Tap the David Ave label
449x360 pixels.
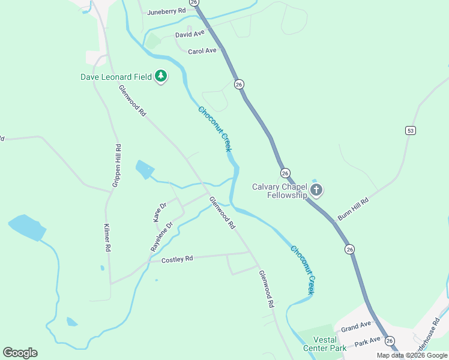[190, 35]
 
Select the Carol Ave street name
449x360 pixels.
[202, 51]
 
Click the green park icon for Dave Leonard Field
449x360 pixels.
[160, 76]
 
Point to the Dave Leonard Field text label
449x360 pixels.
[116, 77]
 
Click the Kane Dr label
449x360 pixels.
[160, 212]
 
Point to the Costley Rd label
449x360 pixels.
[177, 259]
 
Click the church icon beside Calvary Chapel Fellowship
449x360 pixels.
[316, 191]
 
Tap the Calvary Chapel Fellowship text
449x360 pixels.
[279, 190]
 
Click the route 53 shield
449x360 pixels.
[411, 130]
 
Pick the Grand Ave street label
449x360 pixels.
[356, 326]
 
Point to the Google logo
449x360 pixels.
[20, 353]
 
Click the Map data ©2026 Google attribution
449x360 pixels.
[412, 355]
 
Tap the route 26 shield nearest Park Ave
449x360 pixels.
[391, 341]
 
